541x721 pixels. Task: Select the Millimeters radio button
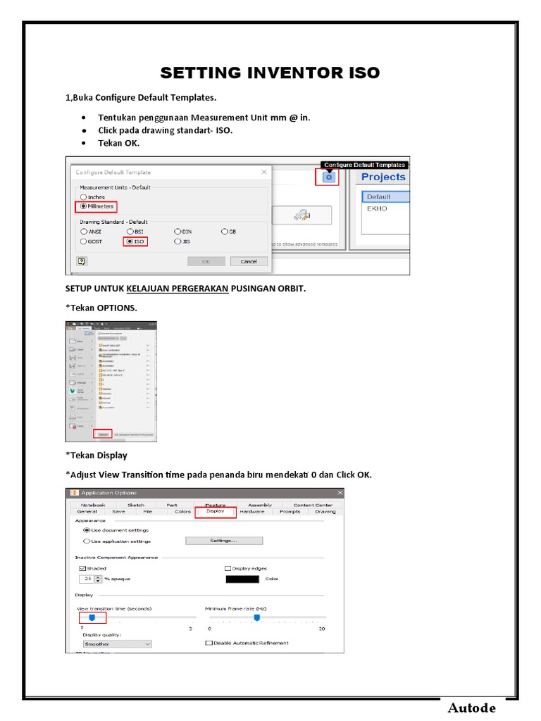click(84, 207)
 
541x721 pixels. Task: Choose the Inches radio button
click(84, 197)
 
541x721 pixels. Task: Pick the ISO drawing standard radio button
click(130, 242)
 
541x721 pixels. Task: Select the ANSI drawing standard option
click(84, 231)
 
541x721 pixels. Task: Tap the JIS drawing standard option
click(178, 242)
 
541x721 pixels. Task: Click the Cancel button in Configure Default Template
click(249, 261)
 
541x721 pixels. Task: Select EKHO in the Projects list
click(377, 208)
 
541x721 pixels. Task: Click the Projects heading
click(383, 177)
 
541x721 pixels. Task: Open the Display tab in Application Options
click(215, 512)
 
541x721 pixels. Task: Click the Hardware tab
click(251, 512)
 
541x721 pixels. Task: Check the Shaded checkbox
click(82, 568)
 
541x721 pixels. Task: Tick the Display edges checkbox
click(228, 568)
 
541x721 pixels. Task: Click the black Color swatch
click(242, 579)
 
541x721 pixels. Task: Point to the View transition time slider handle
click(92, 617)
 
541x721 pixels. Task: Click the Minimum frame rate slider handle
click(257, 617)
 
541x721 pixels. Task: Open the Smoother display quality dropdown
click(117, 644)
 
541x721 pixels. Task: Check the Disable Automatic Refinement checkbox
click(209, 643)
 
